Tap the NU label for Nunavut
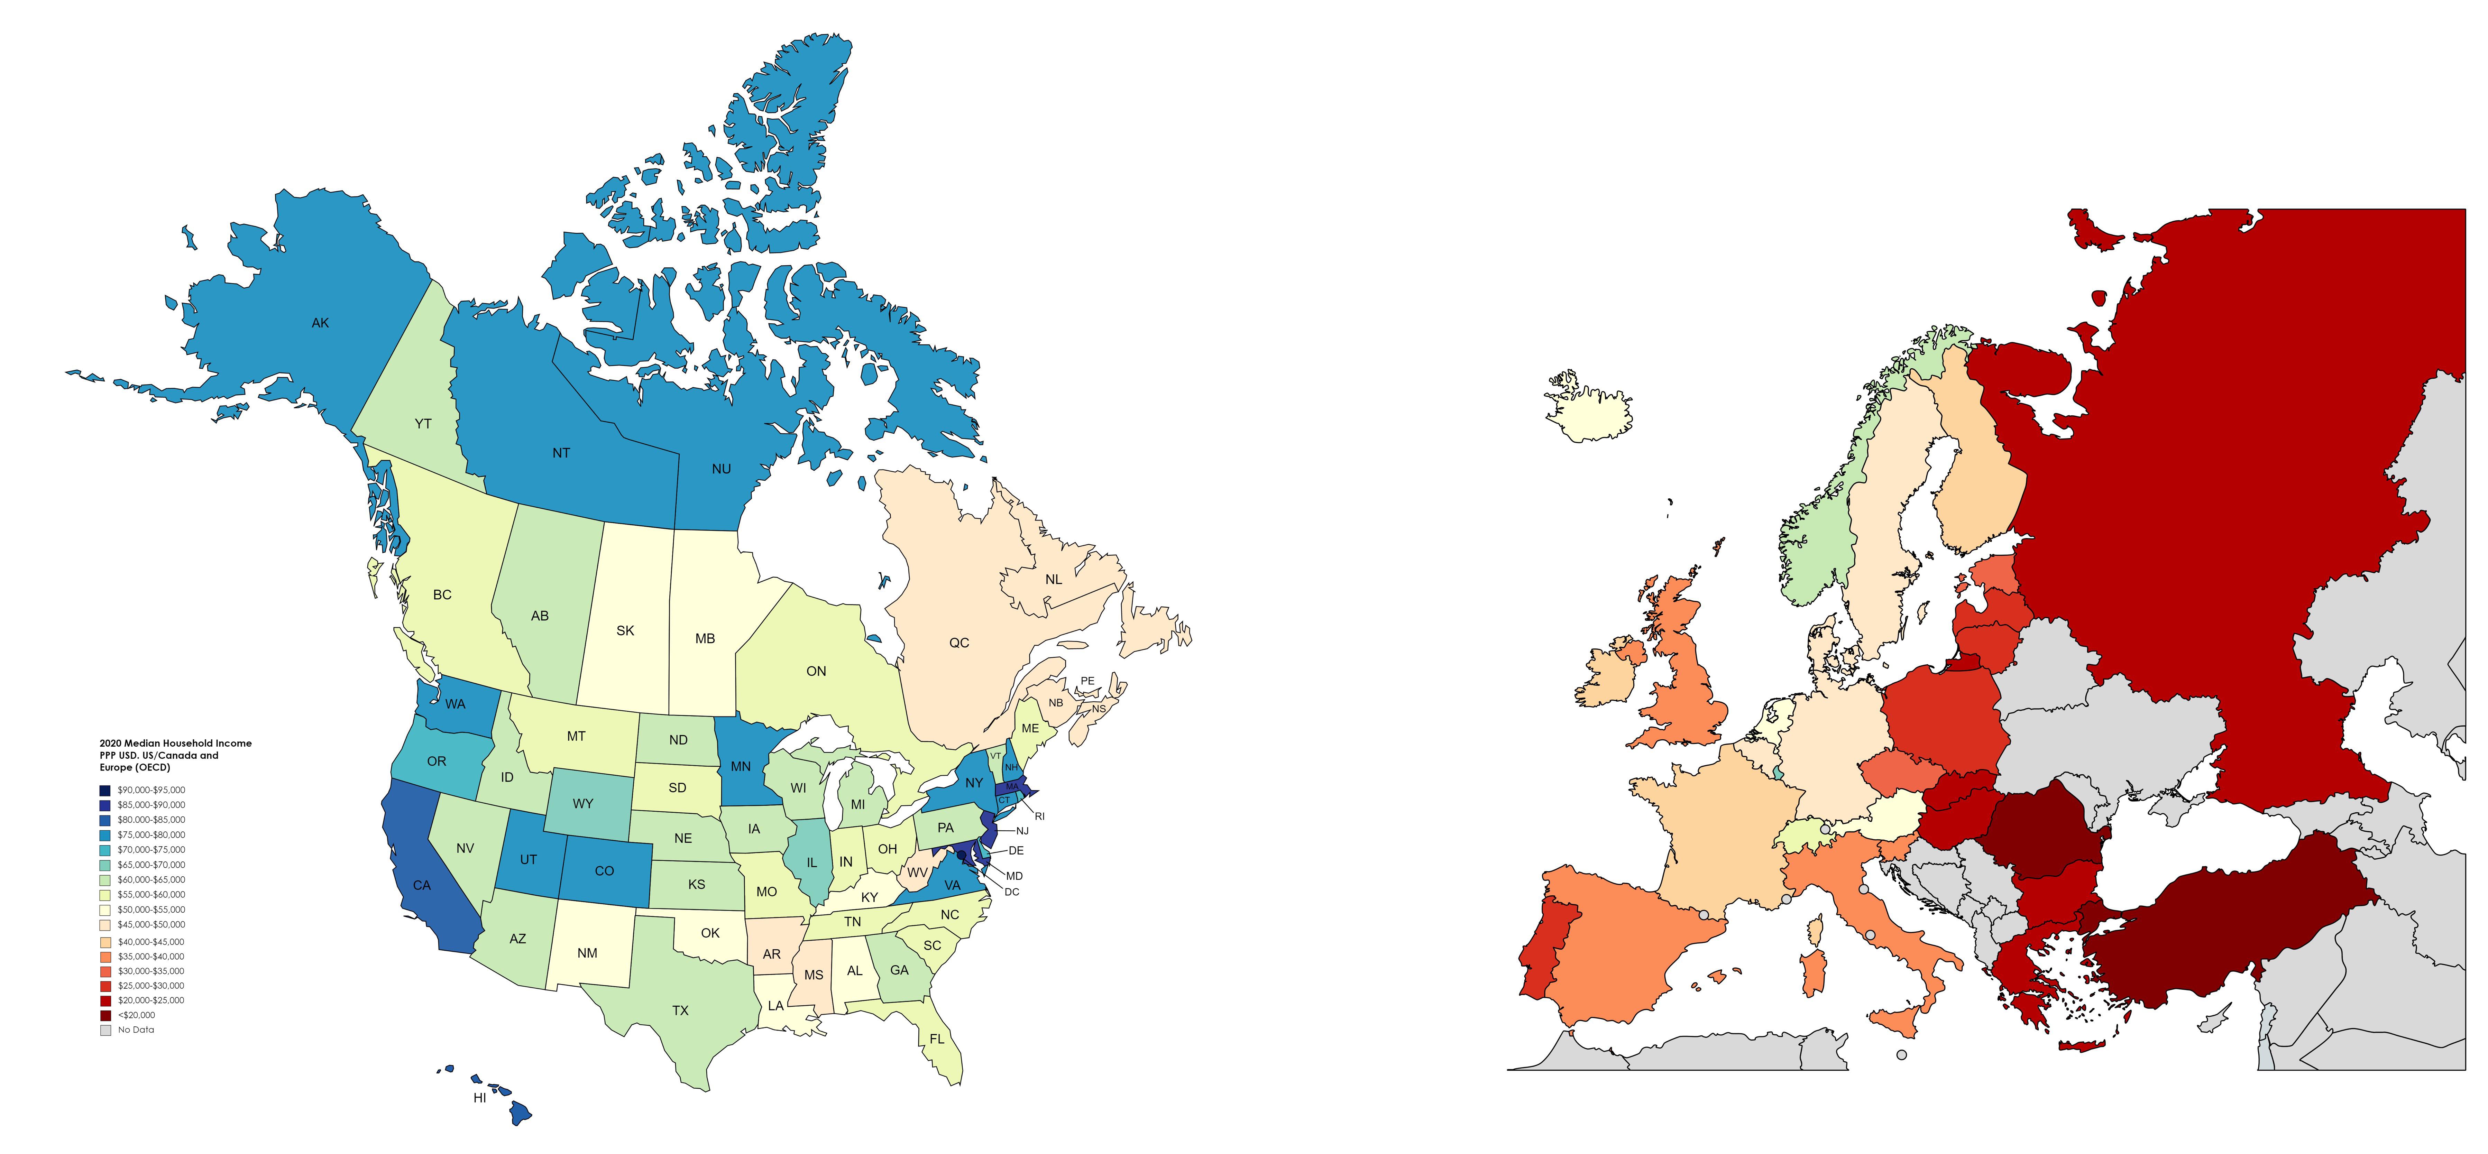pos(722,469)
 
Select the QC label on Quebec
pos(959,643)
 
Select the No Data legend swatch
pos(104,1031)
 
